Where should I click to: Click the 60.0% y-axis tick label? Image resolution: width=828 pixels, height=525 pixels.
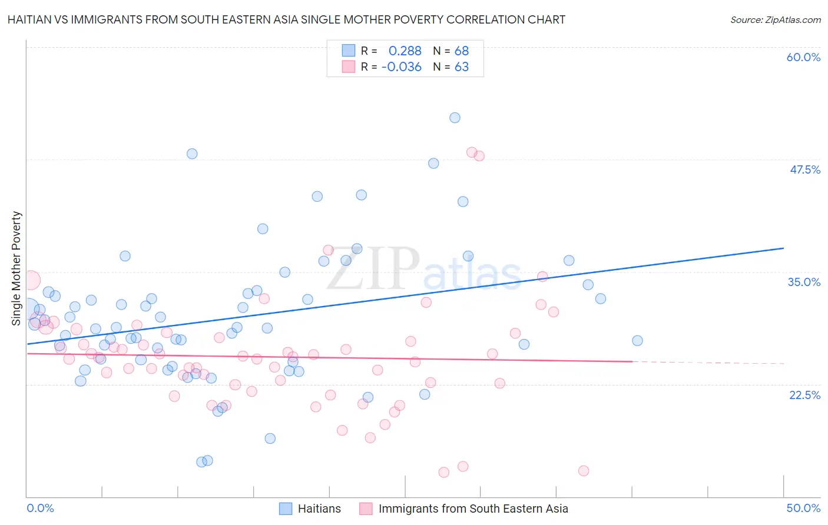coord(803,57)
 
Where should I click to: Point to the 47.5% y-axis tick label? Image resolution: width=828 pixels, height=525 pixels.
coord(804,170)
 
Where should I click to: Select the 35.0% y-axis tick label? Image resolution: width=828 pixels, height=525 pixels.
coord(804,282)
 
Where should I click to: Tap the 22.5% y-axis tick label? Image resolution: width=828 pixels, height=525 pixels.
coord(804,395)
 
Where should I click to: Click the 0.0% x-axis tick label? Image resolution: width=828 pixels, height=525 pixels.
coord(40,508)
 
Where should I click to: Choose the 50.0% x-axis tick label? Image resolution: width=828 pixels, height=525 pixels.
coord(803,508)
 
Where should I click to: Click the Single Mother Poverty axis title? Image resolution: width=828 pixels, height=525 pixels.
coord(16,268)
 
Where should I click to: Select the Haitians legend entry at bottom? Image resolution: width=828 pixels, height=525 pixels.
coord(319,509)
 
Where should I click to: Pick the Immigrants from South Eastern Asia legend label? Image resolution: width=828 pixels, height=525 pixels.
coord(473,509)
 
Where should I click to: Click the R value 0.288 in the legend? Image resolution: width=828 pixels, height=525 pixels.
coord(405,51)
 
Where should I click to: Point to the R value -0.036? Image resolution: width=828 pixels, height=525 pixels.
coord(402,67)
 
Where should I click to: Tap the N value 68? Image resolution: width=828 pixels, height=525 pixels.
coord(462,51)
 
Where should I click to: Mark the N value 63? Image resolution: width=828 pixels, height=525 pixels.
coord(462,67)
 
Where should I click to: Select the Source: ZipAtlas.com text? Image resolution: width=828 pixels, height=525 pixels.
coord(775,20)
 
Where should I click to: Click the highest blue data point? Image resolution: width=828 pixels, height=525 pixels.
coord(455,118)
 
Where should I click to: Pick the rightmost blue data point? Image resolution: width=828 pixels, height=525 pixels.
coord(637,341)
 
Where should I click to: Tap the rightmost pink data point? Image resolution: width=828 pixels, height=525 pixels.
coord(584,471)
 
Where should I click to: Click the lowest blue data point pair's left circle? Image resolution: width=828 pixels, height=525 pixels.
coord(201,462)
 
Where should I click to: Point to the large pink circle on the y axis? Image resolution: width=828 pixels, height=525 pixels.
coord(31,280)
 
